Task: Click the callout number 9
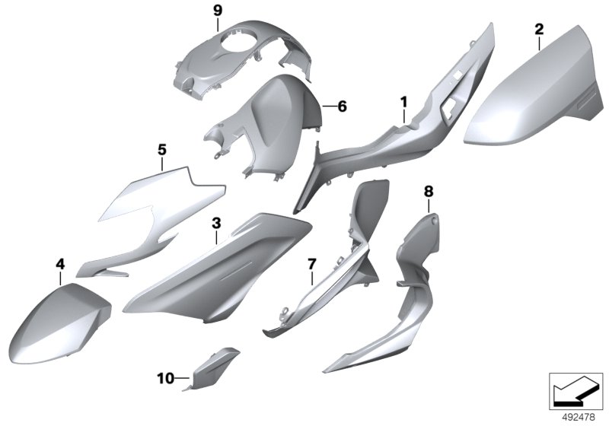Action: pos(218,11)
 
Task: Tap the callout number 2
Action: pos(539,29)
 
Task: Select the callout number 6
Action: pos(342,106)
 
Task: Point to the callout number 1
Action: pos(404,103)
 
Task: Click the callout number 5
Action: pos(162,149)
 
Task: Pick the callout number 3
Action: pos(216,223)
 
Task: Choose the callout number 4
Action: pos(60,265)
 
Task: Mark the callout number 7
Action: pos(312,265)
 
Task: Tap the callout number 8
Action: pos(429,191)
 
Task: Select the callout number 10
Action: pos(166,378)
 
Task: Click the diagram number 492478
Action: pos(579,418)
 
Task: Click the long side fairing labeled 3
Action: pos(218,268)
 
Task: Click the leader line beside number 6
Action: pos(330,106)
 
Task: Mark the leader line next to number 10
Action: pos(183,378)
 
